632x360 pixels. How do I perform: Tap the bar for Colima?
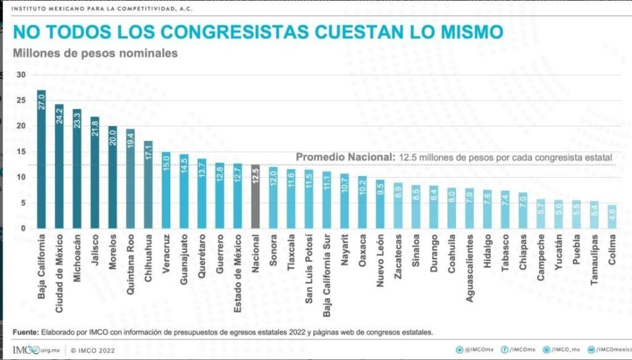(611, 217)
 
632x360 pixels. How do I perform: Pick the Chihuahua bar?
(148, 185)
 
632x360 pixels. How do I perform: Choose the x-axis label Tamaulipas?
(594, 259)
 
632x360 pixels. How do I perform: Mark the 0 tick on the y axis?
(23, 228)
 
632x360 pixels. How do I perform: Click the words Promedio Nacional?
(344, 157)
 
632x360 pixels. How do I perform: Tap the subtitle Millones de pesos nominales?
(95, 53)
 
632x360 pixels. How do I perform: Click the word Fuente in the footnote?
(25, 332)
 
